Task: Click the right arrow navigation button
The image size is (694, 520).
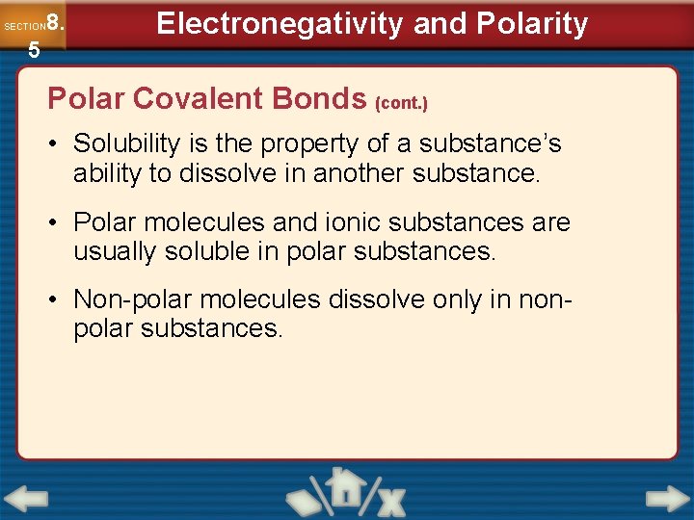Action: tap(667, 499)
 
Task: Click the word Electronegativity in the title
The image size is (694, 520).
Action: tap(280, 24)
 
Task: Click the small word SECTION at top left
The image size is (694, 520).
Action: tap(24, 26)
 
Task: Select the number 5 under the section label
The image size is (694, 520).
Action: tap(34, 51)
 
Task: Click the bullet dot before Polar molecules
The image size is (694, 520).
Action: tap(58, 222)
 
